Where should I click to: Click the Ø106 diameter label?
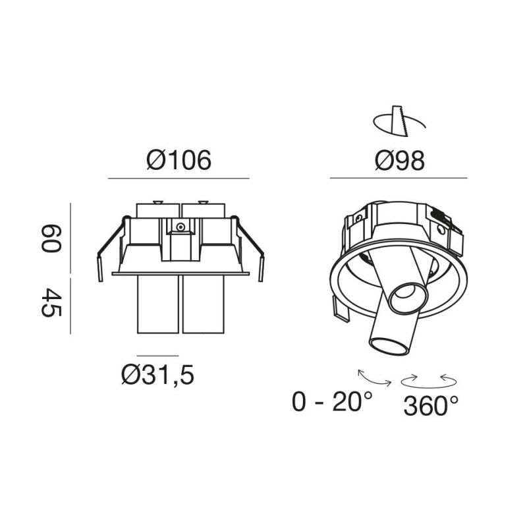point(179,160)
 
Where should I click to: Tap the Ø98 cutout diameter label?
point(400,160)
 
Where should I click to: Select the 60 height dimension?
point(51,238)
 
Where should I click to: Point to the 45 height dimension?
point(51,302)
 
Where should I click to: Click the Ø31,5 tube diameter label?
point(157,375)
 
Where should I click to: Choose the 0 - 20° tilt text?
point(333,401)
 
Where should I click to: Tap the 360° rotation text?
point(431,406)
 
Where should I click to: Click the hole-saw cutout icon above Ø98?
point(399,121)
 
